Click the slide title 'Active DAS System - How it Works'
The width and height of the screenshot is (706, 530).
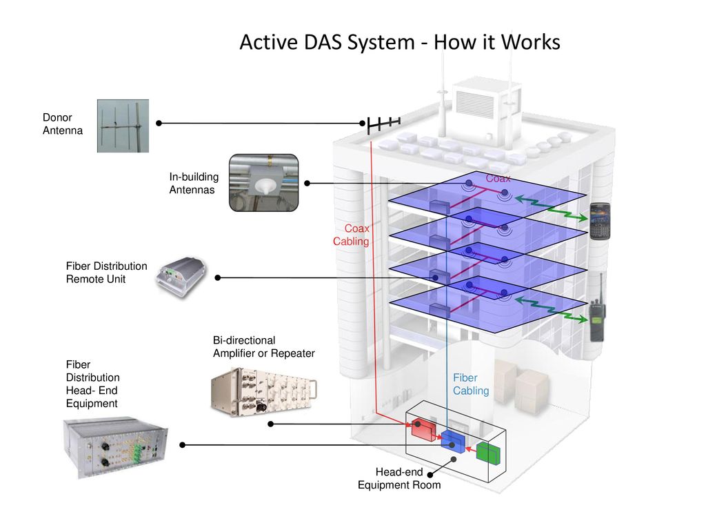pos(400,43)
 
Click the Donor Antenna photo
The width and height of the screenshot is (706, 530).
pos(123,126)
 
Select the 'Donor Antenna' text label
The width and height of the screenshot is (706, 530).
pos(62,124)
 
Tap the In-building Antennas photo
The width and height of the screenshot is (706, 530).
pos(263,184)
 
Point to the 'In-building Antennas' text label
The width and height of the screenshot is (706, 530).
pos(194,184)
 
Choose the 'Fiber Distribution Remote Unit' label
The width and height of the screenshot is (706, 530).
pos(106,273)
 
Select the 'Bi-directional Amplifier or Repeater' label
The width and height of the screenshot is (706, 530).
pos(263,347)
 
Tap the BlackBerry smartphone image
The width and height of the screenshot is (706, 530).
pos(601,220)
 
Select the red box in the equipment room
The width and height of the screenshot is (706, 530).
pos(423,429)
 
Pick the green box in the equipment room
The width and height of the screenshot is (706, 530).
pos(488,453)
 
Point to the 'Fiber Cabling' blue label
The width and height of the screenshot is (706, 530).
pos(471,384)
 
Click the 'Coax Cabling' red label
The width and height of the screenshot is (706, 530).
pos(353,235)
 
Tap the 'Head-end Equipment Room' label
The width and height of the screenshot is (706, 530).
pos(399,478)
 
